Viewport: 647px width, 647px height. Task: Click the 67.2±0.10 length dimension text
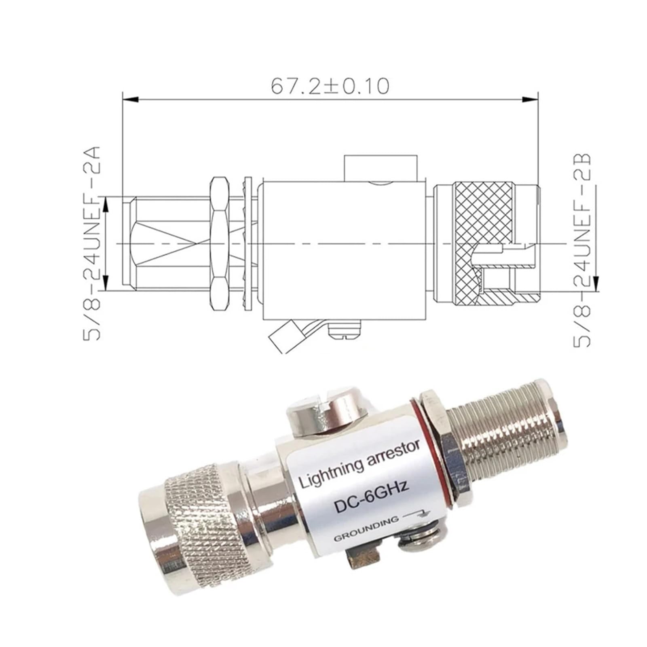tap(330, 86)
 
